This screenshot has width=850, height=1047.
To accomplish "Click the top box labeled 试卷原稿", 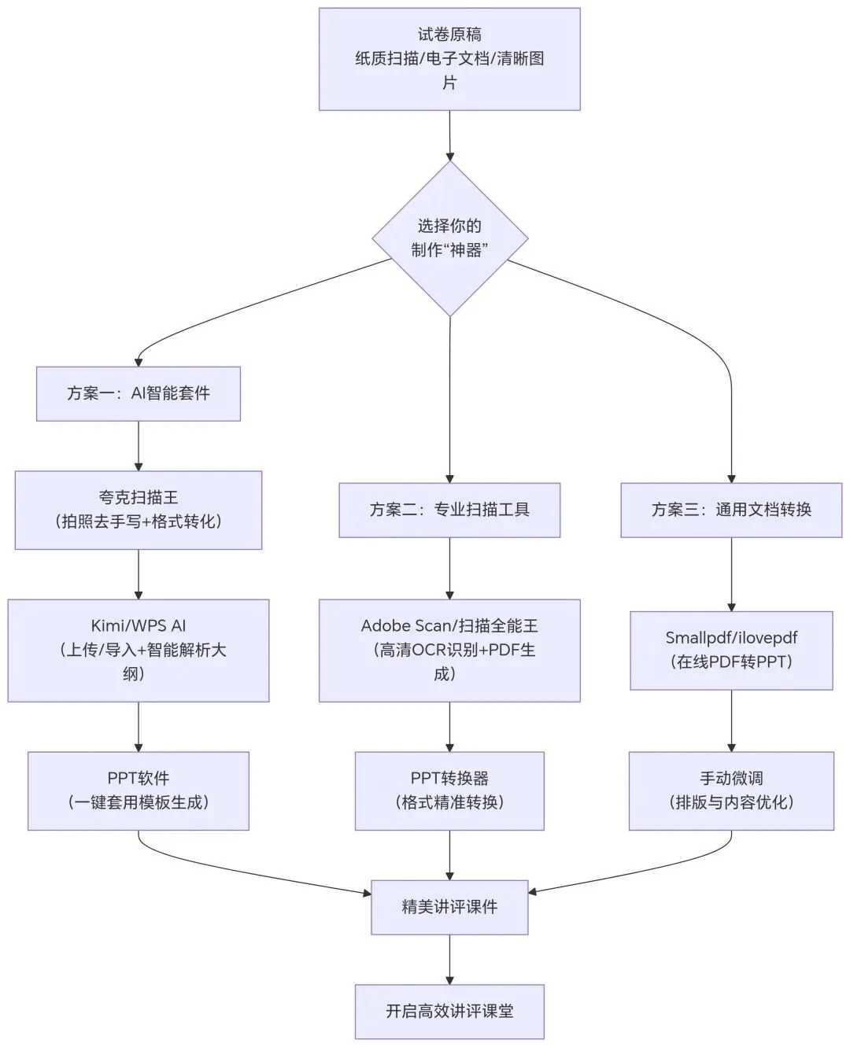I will click(449, 59).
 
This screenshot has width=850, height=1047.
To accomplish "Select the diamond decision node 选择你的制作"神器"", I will click(449, 238).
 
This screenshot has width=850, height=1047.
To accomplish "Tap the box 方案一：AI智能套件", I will click(139, 393).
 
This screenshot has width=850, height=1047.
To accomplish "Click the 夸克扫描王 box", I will click(139, 510).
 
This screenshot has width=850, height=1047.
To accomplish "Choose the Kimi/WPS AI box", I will click(139, 650).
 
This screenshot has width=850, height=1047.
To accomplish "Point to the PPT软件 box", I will click(139, 791).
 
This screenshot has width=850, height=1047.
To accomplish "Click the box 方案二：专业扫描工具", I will click(449, 510).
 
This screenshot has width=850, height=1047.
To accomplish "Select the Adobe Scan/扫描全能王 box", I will click(449, 650).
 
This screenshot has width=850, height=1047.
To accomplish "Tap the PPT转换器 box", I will click(449, 791).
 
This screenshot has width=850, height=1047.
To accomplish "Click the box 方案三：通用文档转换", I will click(731, 510).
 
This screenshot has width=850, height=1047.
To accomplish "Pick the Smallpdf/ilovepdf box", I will click(731, 650).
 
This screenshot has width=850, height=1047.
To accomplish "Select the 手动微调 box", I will click(731, 791).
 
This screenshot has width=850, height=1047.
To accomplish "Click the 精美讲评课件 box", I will click(449, 907).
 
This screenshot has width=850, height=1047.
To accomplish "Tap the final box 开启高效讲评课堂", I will click(449, 1012).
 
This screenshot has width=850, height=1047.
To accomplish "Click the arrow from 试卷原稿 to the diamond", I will click(449, 135).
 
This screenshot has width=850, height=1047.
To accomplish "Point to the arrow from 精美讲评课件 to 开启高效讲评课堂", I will click(449, 960).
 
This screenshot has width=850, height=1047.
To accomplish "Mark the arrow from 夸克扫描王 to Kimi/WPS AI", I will click(139, 574).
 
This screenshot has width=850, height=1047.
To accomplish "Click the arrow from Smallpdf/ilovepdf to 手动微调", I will click(731, 721).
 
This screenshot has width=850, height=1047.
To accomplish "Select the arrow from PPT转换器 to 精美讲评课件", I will click(449, 855).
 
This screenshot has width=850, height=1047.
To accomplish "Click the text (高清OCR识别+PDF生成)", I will click(449, 662).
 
